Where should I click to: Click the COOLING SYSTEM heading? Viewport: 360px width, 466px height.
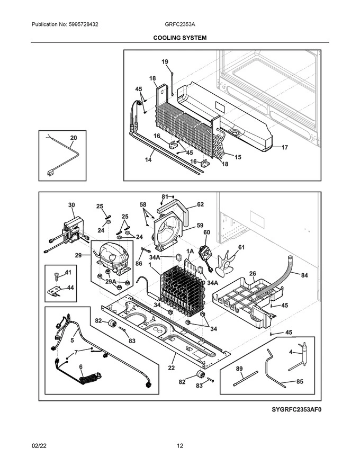tap(180, 38)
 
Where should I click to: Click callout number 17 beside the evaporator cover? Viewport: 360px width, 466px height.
tap(284, 148)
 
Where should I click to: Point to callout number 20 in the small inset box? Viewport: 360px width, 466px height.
tap(73, 138)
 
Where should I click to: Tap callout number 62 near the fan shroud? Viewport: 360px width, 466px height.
tap(200, 204)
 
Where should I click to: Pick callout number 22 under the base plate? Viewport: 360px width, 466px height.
tap(171, 368)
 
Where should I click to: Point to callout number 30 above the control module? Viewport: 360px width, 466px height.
tap(71, 204)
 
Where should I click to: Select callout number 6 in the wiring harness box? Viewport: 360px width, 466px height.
tap(80, 366)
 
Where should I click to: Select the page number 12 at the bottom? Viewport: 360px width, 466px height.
tap(180, 446)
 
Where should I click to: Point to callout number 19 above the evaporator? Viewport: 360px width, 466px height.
tap(165, 62)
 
